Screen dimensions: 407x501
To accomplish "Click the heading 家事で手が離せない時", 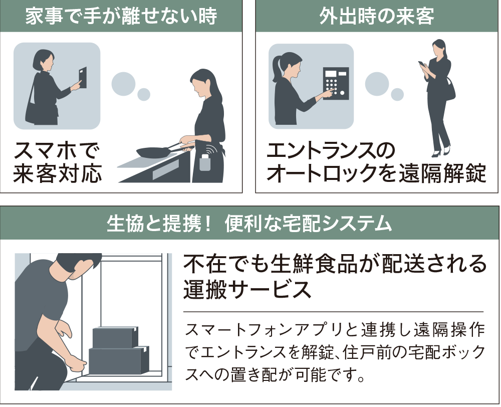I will click(x=121, y=17).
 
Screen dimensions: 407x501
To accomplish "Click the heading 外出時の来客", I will click(x=377, y=17).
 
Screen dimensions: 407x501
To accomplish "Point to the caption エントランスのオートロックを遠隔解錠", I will click(x=376, y=162).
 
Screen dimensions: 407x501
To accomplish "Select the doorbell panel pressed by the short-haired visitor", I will click(x=82, y=77).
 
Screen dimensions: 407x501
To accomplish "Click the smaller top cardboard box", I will click(x=114, y=336).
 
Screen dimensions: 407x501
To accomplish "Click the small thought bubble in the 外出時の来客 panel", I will click(x=397, y=94).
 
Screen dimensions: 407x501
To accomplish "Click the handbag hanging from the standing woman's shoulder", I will click(x=449, y=91).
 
